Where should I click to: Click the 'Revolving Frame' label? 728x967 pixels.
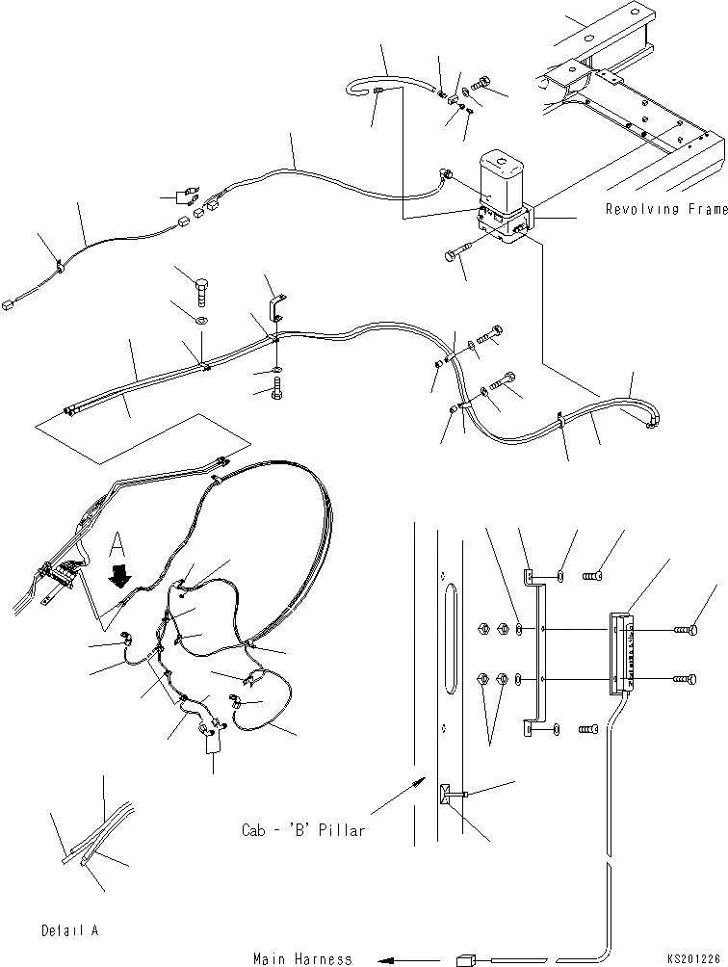pyautogui.click(x=666, y=209)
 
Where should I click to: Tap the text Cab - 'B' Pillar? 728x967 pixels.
pyautogui.click(x=303, y=830)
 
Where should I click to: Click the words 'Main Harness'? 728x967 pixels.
pyautogui.click(x=302, y=958)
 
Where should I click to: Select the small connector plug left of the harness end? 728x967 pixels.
pyautogui.click(x=466, y=958)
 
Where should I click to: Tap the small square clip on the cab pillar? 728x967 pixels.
pyautogui.click(x=445, y=795)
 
